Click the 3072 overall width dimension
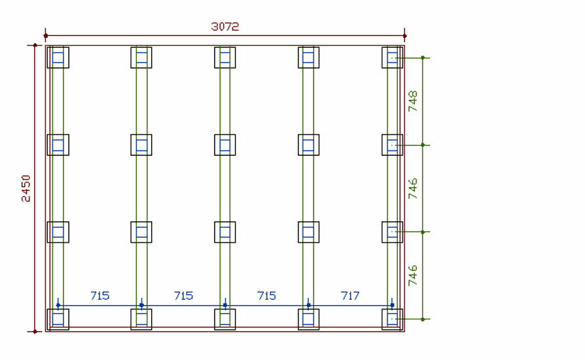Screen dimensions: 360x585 224,27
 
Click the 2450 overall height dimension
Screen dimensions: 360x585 26,188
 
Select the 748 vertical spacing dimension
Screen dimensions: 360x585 413,101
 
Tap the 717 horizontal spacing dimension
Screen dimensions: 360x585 350,296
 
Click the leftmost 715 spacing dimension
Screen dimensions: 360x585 99,296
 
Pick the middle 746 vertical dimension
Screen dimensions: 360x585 413,188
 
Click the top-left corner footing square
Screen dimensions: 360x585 58,58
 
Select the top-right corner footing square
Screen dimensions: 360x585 393,58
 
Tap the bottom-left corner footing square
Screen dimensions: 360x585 58,319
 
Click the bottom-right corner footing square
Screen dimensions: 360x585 393,319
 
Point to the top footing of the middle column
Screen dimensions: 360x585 225,58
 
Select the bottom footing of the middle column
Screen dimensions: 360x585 225,319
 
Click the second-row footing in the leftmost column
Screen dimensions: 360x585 58,145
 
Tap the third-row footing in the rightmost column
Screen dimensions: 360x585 393,232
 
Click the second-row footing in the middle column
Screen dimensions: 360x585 225,145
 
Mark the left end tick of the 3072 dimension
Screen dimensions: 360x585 45,35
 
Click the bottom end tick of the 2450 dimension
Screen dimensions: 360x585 35,331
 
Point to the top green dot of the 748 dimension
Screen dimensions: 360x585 423,58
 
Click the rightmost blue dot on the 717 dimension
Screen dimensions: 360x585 392,305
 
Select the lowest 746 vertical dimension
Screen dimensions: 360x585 413,276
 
